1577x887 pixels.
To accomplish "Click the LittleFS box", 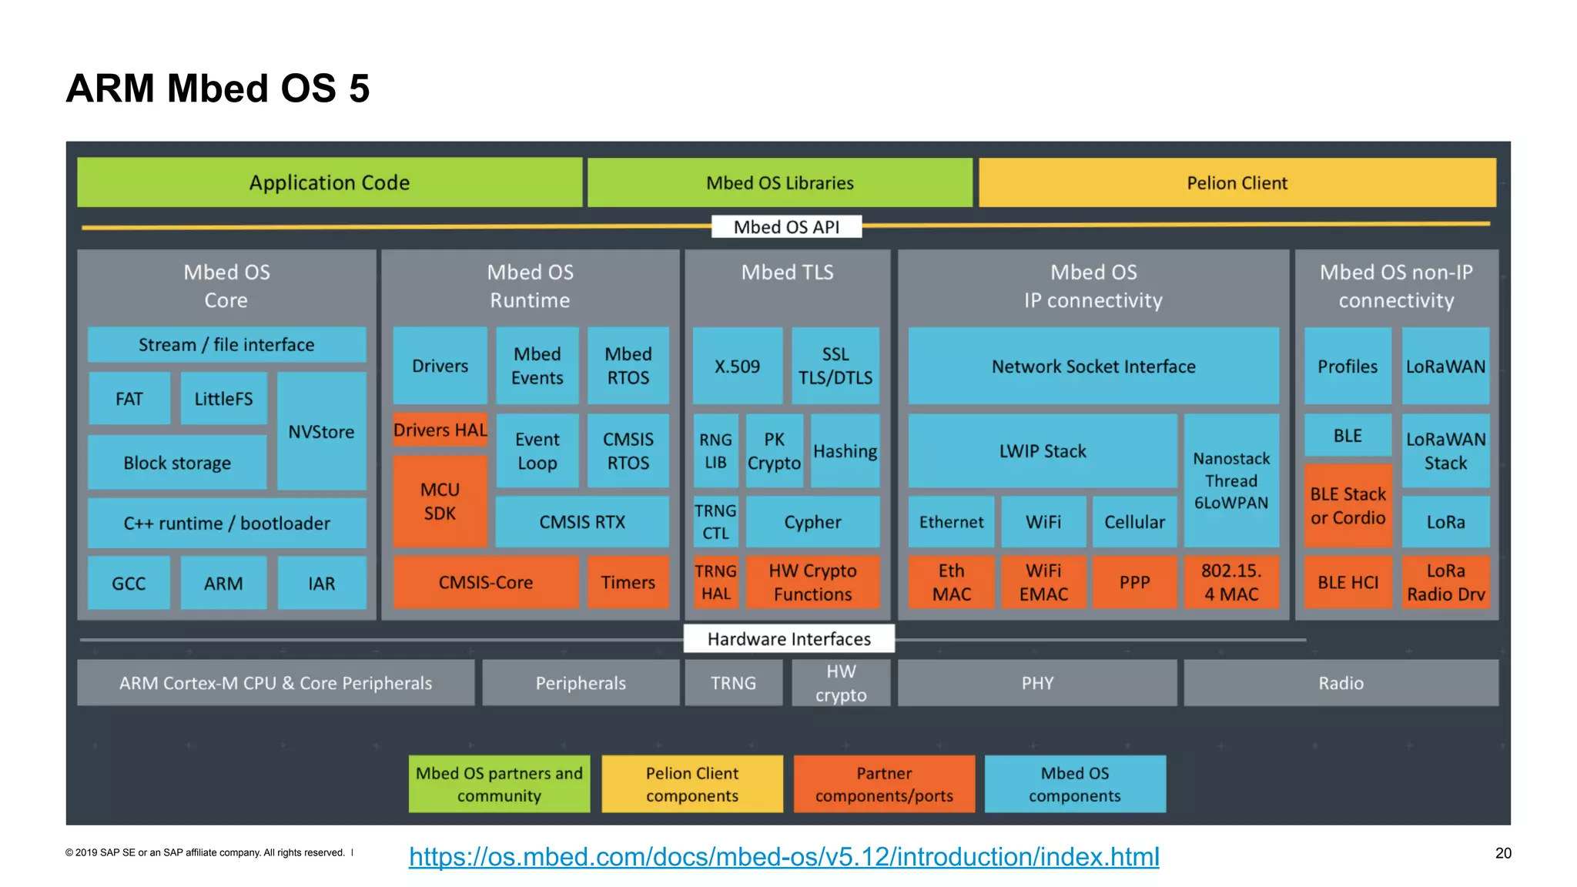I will [x=223, y=398].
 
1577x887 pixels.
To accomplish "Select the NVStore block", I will [x=321, y=431].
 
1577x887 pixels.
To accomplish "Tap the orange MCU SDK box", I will [x=440, y=501].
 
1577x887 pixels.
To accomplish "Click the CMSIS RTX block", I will [x=582, y=522].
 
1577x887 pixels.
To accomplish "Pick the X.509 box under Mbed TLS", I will [x=737, y=366].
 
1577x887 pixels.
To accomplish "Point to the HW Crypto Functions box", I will [x=812, y=582].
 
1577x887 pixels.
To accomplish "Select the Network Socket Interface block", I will [x=1093, y=366].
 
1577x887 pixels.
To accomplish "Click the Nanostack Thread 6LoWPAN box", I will [x=1231, y=480].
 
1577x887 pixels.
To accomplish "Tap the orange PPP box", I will [x=1134, y=582].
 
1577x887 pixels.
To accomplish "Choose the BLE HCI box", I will [x=1348, y=582].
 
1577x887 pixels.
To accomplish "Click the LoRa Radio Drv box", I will [x=1445, y=582].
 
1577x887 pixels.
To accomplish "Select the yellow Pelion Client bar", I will [x=1237, y=182].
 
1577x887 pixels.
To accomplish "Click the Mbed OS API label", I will [x=786, y=227].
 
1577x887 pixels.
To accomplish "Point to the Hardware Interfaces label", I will [x=788, y=639].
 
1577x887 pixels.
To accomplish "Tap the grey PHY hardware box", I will [x=1037, y=683].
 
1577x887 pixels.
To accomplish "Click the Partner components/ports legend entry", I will [x=884, y=784].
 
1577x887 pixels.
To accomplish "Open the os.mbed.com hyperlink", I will [x=784, y=856].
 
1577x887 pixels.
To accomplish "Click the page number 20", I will [x=1503, y=853].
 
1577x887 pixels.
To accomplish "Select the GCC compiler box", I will [x=129, y=584].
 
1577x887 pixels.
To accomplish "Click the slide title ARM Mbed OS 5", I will [x=218, y=89].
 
